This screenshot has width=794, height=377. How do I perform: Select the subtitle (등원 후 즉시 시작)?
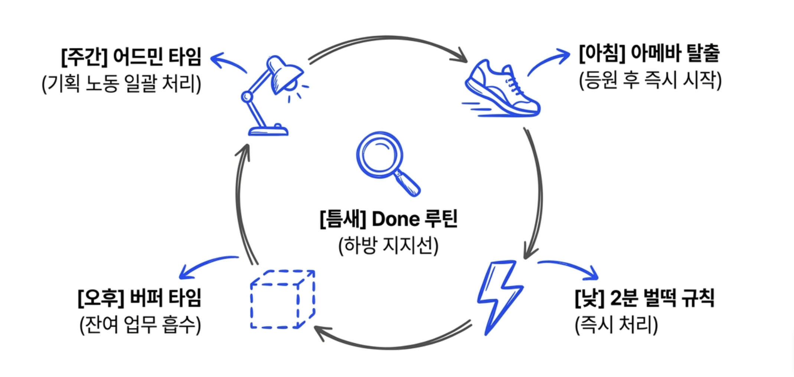tap(650, 80)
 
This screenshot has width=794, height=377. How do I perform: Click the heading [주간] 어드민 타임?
tap(131, 57)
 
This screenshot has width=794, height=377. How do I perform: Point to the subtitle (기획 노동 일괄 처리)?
tap(121, 84)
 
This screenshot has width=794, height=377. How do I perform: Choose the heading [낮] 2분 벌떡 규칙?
tap(644, 298)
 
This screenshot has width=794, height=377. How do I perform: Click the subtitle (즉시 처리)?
tap(616, 325)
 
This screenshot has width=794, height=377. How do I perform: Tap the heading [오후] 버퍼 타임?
tap(139, 298)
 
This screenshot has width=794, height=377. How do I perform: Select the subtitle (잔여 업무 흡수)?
tap(140, 325)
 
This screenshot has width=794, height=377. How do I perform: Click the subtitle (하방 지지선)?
tap(388, 246)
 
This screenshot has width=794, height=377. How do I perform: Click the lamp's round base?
tap(268, 131)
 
